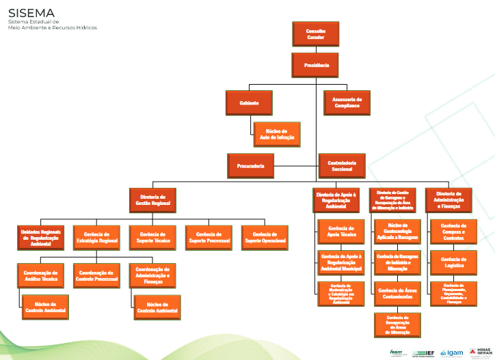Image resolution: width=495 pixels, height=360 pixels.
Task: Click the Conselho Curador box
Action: pos(315,34)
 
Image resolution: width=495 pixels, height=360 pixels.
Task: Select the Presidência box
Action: pos(315,66)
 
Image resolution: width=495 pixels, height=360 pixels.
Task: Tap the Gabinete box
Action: pos(249,102)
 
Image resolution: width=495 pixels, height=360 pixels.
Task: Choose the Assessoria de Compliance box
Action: pos(347,102)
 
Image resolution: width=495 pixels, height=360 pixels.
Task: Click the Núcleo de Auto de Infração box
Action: pos(277,135)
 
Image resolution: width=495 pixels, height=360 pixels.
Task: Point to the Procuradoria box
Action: pos(250,166)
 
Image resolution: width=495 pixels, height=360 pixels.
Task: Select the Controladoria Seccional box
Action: pos(342,166)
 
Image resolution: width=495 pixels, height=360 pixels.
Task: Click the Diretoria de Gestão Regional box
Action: pos(152,199)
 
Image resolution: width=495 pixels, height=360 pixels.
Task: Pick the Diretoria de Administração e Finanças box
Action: pos(449,199)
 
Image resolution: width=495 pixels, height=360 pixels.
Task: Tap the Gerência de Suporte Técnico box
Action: pos(152,237)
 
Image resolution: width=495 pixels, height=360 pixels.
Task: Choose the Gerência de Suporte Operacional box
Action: pos(265,237)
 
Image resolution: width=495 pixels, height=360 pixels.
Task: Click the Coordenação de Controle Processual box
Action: pos(96,275)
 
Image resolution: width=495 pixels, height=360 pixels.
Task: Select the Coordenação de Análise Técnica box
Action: pos(40,275)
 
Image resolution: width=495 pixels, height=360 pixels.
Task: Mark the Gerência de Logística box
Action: pos(453,262)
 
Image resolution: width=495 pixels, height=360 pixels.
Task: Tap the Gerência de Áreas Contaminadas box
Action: pos(397,294)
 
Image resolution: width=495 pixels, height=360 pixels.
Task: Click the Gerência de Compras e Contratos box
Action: pos(453,231)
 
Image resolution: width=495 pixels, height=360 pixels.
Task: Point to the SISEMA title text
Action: pos(31,13)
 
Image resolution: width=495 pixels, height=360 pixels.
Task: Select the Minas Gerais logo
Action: pos(481,352)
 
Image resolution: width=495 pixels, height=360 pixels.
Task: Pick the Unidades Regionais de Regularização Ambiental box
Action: pos(40,237)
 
